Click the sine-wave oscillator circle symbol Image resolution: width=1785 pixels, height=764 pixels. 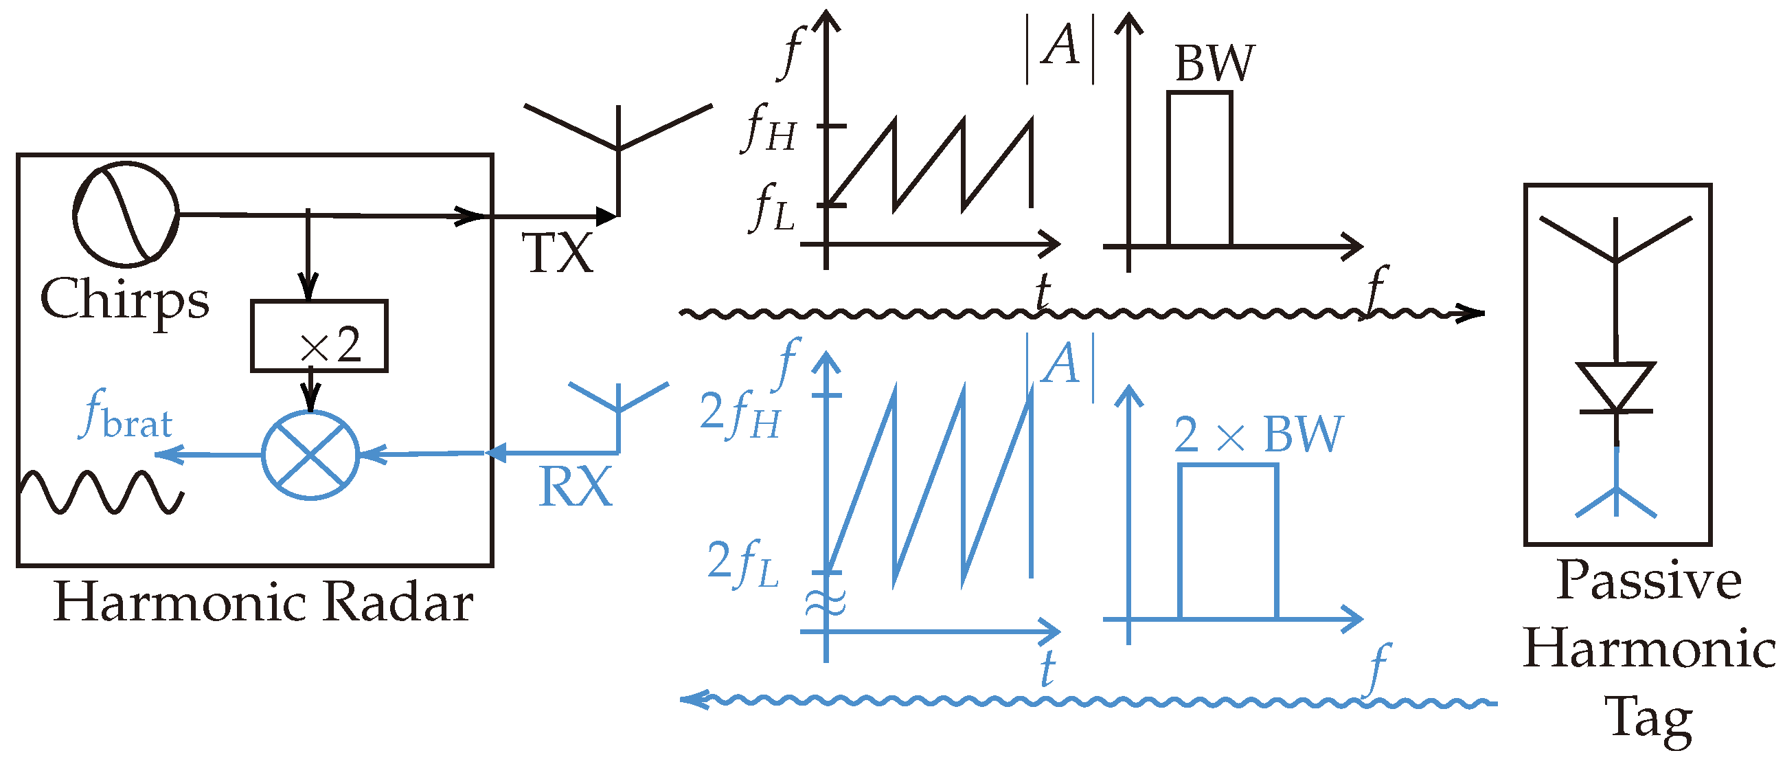126,214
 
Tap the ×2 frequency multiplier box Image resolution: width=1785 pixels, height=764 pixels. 319,336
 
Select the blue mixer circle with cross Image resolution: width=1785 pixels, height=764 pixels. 310,455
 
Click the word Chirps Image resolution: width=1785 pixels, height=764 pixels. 125,300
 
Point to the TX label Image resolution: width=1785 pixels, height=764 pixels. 557,253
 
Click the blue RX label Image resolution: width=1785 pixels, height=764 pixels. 575,487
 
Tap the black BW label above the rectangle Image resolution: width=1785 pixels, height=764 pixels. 1214,64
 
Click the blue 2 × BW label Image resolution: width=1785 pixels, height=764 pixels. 1258,435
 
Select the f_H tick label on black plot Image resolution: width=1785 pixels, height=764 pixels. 770,128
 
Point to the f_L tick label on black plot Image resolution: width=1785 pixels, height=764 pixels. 773,208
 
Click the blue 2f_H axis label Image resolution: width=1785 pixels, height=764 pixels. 740,414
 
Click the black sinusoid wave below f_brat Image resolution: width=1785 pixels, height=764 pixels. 102,492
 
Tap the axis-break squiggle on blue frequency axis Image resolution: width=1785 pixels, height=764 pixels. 826,603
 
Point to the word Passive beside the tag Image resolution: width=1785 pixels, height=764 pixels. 1648,581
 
